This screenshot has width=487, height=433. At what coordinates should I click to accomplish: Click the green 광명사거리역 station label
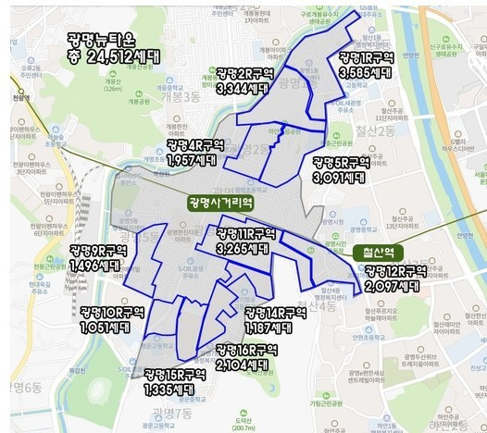click(x=219, y=201)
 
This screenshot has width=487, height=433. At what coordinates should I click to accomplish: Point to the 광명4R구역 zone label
click(x=194, y=146)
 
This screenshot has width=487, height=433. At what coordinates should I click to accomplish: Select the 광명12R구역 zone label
click(x=395, y=271)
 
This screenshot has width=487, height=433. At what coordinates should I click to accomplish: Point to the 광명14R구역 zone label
click(x=276, y=313)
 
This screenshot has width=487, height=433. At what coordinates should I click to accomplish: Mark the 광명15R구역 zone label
click(x=174, y=375)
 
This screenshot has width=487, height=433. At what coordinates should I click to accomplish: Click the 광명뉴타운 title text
click(x=101, y=39)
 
